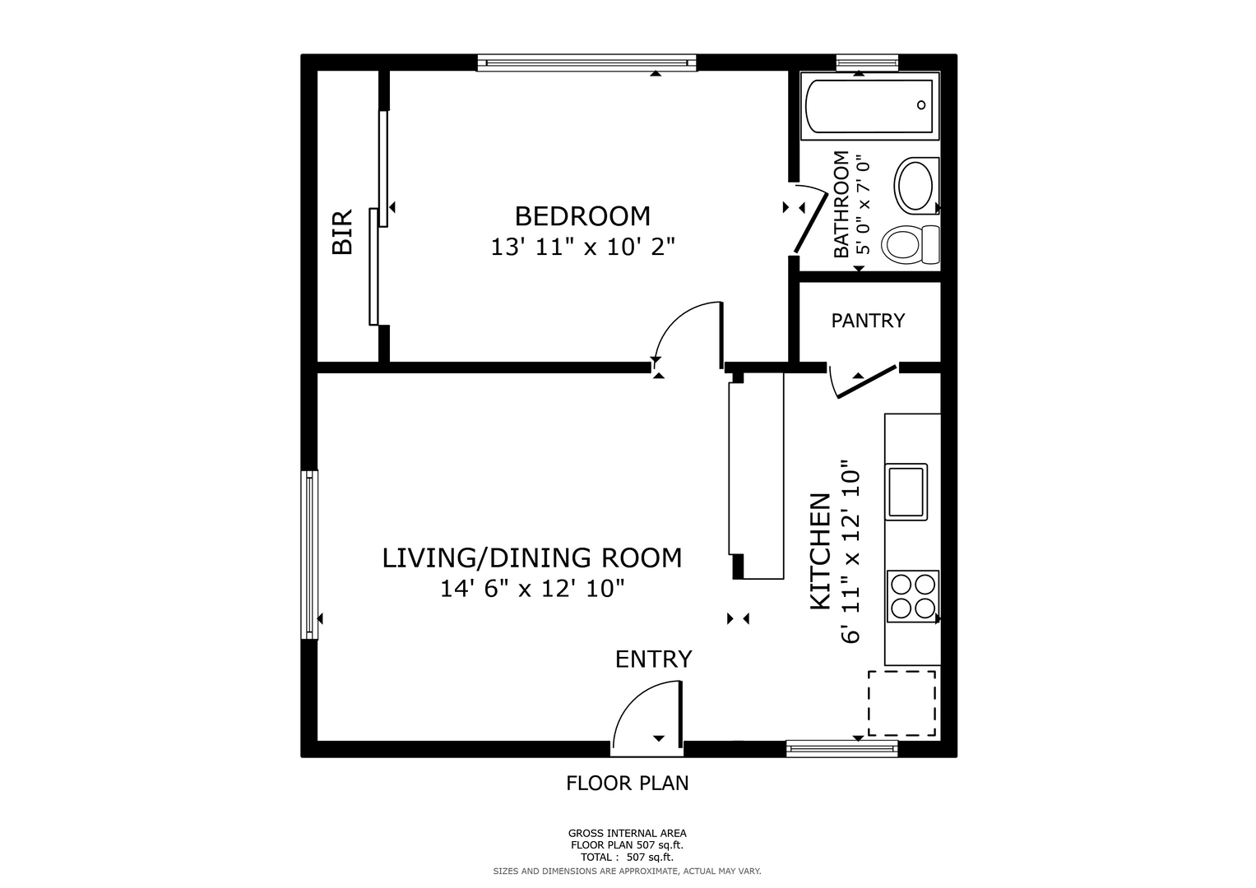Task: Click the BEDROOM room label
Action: tap(582, 216)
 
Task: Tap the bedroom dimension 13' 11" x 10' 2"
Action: tap(582, 247)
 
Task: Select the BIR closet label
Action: tap(342, 232)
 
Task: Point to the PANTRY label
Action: tap(868, 321)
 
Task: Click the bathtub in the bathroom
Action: tap(869, 106)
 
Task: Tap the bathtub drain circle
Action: tap(921, 105)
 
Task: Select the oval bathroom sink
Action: tap(915, 184)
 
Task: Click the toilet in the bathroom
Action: tap(910, 245)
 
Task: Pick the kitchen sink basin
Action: tap(906, 492)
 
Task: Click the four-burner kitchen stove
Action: tap(912, 596)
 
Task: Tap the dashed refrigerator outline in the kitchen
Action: tap(902, 703)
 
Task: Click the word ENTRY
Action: tap(653, 659)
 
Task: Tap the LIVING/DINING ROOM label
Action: tap(532, 558)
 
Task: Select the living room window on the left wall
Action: tap(309, 554)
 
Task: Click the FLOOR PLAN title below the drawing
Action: tap(627, 783)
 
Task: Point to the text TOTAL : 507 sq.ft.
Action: tap(627, 857)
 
